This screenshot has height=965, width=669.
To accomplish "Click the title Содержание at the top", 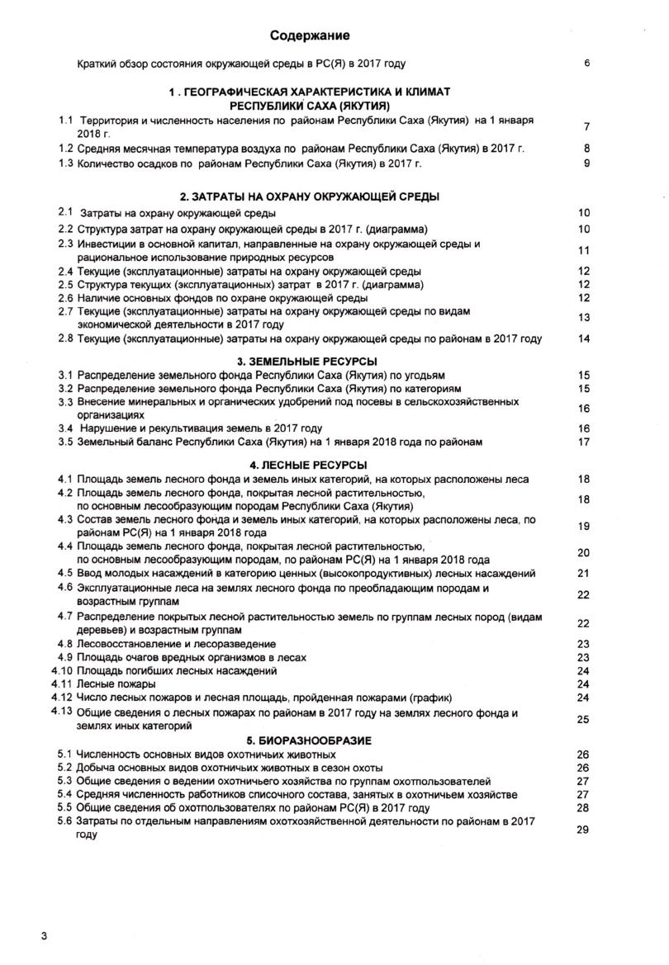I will [311, 35].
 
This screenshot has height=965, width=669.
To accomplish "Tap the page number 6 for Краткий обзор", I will [586, 64].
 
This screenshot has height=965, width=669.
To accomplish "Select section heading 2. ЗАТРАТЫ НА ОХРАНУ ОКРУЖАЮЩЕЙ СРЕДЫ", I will [310, 196].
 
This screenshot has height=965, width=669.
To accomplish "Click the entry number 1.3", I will [66, 163].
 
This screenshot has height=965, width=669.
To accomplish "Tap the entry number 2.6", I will [66, 297].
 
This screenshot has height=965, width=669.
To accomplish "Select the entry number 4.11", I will [63, 684].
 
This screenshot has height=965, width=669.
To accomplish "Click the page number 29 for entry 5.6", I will [583, 829].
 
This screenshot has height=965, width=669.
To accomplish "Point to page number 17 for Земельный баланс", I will [584, 442].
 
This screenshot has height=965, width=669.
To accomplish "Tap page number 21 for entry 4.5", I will [584, 574].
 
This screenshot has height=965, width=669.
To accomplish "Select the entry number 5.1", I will [66, 754].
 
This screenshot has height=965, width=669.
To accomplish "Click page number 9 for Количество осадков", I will [586, 163].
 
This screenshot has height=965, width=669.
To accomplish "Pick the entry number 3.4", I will [66, 428].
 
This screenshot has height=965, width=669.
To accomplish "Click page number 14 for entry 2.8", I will [584, 338].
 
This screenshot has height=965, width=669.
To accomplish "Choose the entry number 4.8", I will [66, 643].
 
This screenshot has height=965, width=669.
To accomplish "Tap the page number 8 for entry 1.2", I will [586, 149].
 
